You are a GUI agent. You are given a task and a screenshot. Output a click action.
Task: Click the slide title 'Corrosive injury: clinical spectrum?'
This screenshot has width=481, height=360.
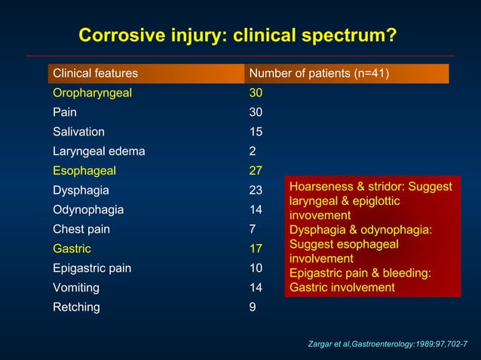238,36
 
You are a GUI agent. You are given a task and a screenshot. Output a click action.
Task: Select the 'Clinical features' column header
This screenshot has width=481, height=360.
95,74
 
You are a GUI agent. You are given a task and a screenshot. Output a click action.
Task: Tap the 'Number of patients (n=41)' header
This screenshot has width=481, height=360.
319,74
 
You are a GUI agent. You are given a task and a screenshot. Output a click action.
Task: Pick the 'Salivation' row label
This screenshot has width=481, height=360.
78,132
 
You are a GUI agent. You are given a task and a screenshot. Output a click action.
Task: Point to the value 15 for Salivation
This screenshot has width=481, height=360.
256,132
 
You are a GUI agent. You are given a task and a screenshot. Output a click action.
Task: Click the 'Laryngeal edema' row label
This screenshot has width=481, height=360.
99,151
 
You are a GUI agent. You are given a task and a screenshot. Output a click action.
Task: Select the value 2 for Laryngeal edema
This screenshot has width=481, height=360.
253,151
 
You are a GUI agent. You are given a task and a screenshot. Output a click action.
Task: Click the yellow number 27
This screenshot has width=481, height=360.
256,171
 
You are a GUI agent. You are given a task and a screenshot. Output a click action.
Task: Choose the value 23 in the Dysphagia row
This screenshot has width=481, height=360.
256,191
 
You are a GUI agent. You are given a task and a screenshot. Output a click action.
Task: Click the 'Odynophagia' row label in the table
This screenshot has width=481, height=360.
88,210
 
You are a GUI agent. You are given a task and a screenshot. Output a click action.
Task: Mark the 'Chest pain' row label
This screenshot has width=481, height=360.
82,229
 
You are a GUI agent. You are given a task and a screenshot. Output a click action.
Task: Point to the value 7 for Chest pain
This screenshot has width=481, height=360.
253,229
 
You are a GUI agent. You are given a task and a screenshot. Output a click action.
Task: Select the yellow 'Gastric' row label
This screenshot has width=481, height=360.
72,249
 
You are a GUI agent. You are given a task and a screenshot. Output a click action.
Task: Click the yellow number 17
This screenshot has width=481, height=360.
256,249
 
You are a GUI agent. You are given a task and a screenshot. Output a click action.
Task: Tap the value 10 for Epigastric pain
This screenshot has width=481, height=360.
256,268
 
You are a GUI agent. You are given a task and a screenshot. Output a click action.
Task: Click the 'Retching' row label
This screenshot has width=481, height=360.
75,307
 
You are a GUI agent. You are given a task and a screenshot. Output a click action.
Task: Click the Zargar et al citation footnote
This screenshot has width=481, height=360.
389,343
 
